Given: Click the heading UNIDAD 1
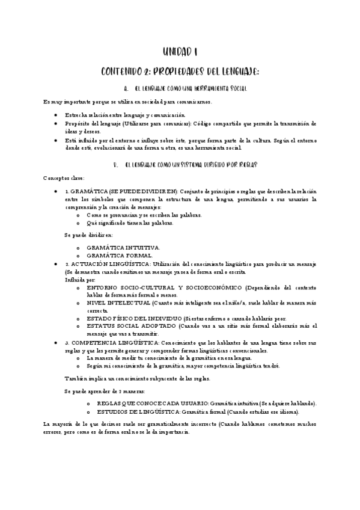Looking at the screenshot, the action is click(180, 53).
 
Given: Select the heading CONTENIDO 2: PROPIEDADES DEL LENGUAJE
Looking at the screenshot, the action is click(180, 72).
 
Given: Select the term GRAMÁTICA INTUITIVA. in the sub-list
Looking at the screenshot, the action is click(123, 247).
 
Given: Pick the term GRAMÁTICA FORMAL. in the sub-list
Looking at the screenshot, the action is click(120, 256).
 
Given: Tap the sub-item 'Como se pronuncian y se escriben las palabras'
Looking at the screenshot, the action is click(144, 215).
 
